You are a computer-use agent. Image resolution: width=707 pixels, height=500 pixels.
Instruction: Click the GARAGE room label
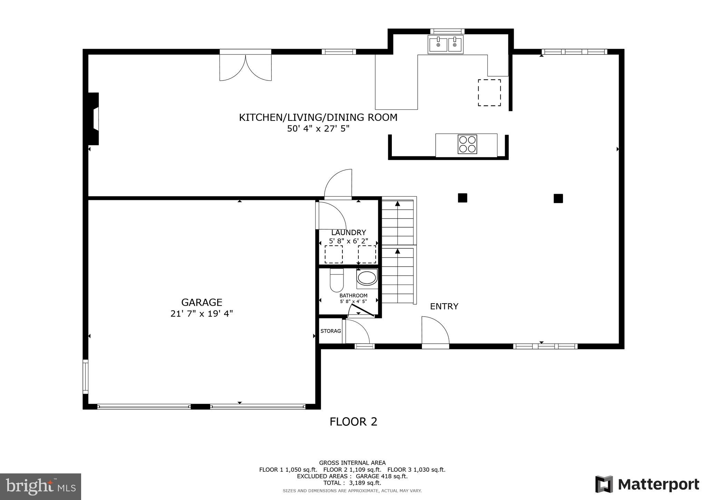click(202, 302)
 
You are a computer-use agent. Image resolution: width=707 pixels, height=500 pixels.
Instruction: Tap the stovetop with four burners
click(467, 144)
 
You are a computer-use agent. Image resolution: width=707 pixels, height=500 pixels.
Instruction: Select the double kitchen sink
click(446, 45)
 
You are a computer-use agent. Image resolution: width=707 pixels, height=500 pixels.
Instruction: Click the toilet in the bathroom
click(337, 280)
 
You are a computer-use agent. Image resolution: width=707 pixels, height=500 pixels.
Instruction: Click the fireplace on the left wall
click(94, 118)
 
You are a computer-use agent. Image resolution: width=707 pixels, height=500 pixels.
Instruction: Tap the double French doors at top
click(245, 67)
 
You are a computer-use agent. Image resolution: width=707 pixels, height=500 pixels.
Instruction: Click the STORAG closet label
click(330, 331)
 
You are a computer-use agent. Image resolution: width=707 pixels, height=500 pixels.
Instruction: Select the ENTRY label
click(444, 306)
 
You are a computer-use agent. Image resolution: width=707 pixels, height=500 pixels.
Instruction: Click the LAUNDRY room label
click(348, 232)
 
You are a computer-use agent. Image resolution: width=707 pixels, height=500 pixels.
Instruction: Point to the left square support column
click(462, 198)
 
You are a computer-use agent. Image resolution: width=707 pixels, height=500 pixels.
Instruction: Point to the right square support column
click(558, 198)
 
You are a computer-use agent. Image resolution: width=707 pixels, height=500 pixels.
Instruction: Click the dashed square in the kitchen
click(489, 93)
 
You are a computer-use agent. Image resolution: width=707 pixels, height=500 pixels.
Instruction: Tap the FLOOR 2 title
click(353, 422)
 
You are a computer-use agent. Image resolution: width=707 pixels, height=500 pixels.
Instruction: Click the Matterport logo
click(647, 484)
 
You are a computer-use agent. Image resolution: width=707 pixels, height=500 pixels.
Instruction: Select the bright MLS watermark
click(41, 487)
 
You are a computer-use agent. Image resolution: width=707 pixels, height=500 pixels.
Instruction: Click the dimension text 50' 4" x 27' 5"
click(318, 129)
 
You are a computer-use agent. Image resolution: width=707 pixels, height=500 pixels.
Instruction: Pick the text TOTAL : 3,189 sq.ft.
click(352, 483)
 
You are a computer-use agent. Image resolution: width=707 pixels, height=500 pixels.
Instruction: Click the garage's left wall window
click(85, 376)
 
